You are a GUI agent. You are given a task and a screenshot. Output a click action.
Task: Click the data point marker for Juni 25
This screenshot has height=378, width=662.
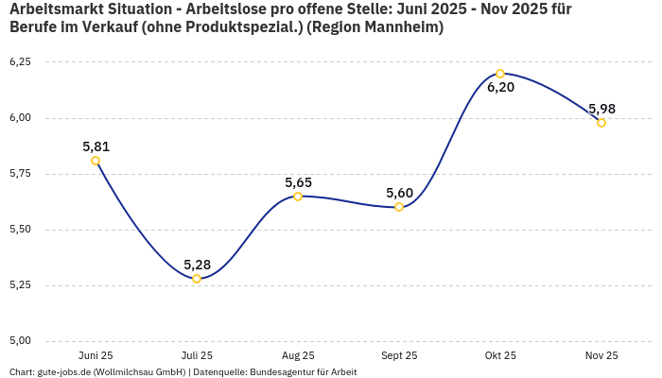pyautogui.click(x=96, y=161)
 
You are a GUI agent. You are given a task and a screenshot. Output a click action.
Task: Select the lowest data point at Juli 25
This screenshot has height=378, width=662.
pyautogui.click(x=197, y=279)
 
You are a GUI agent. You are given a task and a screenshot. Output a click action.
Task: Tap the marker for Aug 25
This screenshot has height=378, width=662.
pyautogui.click(x=298, y=197)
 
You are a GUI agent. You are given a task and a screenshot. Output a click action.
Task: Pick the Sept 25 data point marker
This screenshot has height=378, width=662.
pyautogui.click(x=399, y=207)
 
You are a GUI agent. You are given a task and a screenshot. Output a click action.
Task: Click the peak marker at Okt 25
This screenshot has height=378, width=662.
pyautogui.click(x=500, y=74)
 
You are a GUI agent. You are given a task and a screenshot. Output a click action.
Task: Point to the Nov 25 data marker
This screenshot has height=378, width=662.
pyautogui.click(x=601, y=123)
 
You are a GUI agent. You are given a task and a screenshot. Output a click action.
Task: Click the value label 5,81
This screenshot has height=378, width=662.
pyautogui.click(x=96, y=146)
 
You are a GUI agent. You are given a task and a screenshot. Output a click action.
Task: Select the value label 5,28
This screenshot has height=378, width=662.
pyautogui.click(x=197, y=265)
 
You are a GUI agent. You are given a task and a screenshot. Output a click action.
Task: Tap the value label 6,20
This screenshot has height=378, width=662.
pyautogui.click(x=500, y=88)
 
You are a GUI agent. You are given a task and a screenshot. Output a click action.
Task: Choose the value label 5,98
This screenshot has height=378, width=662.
pyautogui.click(x=601, y=109)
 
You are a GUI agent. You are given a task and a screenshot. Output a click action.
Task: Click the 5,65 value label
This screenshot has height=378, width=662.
pyautogui.click(x=298, y=182)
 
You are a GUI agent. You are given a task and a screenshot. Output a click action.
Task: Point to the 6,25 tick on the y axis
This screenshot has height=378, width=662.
pyautogui.click(x=20, y=62)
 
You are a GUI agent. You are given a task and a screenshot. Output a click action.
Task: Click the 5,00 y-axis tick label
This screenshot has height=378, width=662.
pyautogui.click(x=20, y=341)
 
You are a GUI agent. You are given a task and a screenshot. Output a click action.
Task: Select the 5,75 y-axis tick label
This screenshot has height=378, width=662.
pyautogui.click(x=20, y=174)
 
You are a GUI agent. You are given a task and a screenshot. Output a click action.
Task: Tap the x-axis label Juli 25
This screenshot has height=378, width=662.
pyautogui.click(x=197, y=355)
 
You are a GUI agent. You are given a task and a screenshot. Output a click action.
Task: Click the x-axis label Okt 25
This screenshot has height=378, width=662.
pyautogui.click(x=500, y=355)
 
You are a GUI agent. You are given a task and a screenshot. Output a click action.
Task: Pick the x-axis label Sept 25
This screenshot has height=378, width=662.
pyautogui.click(x=399, y=355)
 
